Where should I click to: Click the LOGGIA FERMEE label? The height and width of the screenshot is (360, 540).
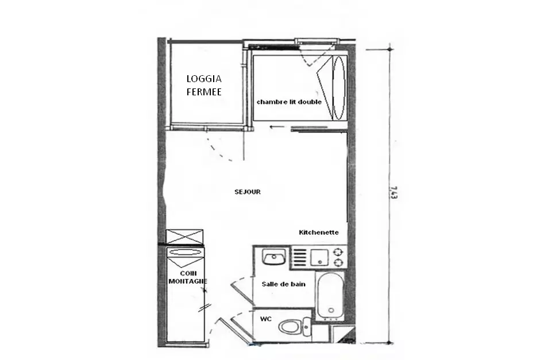(x=204, y=86)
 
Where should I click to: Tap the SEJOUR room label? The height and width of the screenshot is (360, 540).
(x=248, y=192)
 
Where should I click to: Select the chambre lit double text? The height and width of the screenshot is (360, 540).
(x=289, y=102)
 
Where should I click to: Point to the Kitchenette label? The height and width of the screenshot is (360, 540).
(x=319, y=233)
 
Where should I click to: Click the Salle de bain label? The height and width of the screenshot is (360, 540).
(x=283, y=284)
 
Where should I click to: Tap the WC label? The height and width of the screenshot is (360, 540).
(x=266, y=319)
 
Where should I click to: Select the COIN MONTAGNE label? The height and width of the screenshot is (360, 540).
(x=188, y=277)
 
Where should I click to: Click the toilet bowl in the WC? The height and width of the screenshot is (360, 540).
(x=290, y=327)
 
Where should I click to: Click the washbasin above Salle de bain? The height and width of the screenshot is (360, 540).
(x=274, y=257)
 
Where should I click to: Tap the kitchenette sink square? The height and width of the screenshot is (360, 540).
(x=319, y=257)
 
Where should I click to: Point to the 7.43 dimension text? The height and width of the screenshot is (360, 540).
(x=394, y=192)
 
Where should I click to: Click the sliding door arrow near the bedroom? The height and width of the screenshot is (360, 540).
(x=277, y=127)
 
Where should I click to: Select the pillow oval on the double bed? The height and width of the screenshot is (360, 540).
(x=338, y=88)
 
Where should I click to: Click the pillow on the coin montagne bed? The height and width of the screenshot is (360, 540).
(x=185, y=252)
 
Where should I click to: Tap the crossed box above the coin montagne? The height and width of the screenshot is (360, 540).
(x=184, y=237)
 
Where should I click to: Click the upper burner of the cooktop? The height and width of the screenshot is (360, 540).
(x=338, y=251)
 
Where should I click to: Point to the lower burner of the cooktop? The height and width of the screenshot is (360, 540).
(x=338, y=263)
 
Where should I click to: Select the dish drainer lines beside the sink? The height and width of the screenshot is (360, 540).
(x=299, y=257)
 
